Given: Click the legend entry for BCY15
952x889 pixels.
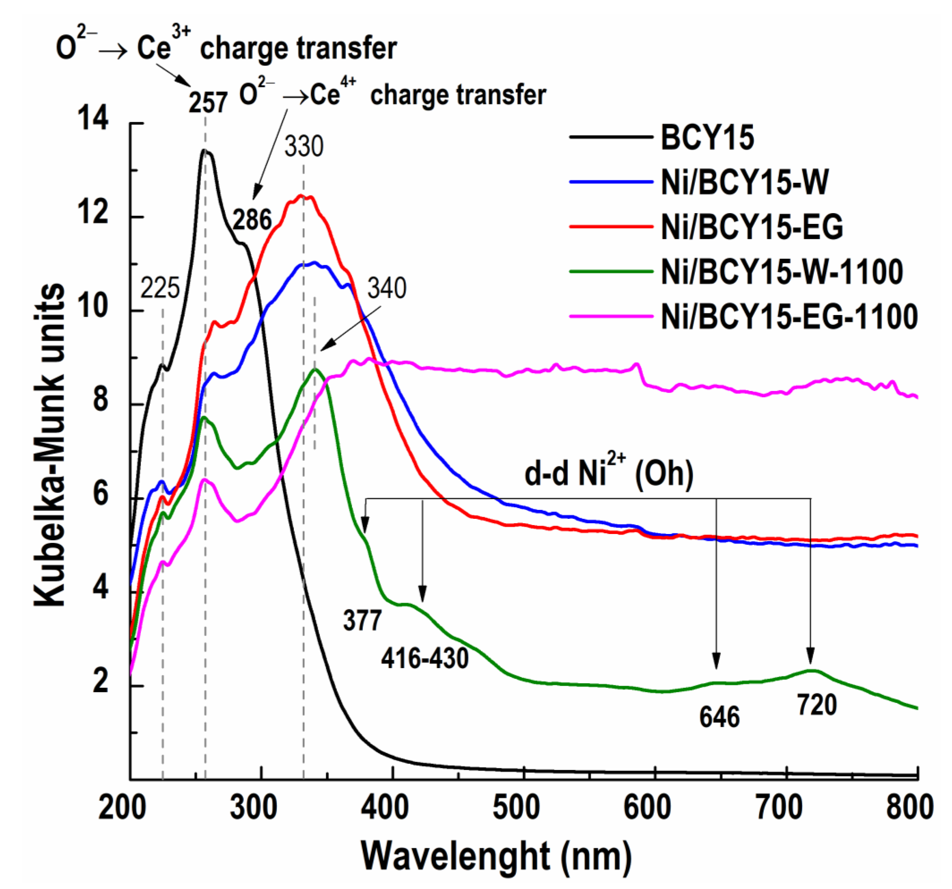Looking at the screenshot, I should pyautogui.click(x=707, y=137).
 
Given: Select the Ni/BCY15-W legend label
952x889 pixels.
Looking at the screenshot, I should pyautogui.click(x=745, y=182).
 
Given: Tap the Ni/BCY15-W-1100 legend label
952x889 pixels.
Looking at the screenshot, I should pyautogui.click(x=782, y=272).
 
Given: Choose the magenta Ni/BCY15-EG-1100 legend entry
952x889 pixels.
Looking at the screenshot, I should pyautogui.click(x=789, y=317).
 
